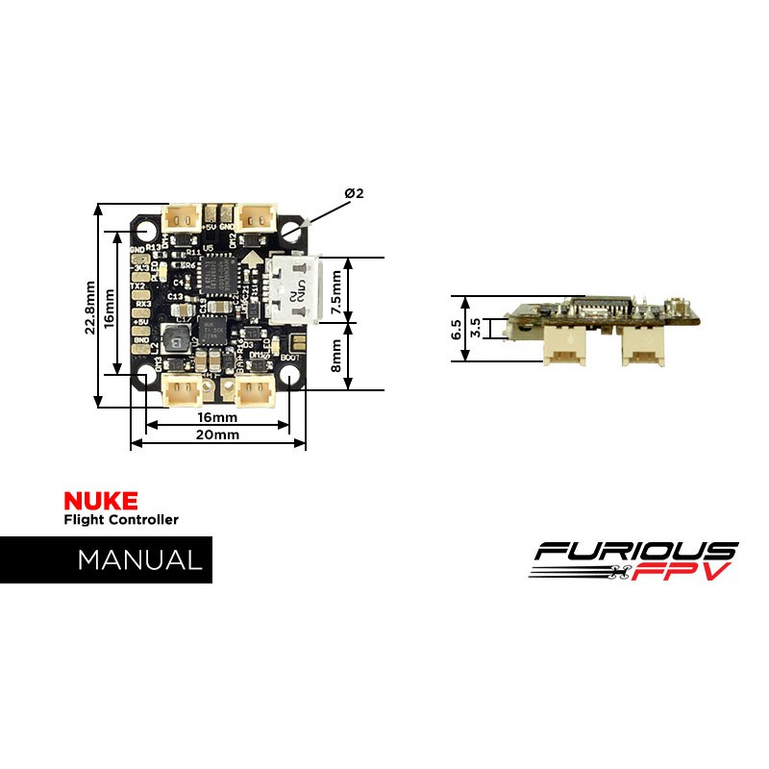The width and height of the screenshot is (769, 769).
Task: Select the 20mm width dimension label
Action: tap(216, 434)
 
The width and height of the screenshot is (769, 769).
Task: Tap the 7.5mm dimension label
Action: tap(336, 287)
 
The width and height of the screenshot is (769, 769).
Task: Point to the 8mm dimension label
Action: tap(336, 355)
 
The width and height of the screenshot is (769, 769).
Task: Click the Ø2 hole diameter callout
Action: tap(354, 193)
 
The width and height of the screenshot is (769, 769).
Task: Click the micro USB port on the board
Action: tap(292, 287)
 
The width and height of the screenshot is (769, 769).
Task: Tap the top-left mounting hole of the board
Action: tap(146, 232)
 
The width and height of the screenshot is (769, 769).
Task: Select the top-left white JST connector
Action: tap(183, 217)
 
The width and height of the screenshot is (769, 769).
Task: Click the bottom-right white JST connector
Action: tap(255, 390)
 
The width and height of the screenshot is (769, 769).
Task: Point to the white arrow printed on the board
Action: tap(253, 259)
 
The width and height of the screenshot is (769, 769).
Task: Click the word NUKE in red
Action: tap(100, 500)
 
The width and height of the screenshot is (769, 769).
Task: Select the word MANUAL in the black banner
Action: tap(140, 559)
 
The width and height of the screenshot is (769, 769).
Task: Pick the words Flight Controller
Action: tap(120, 520)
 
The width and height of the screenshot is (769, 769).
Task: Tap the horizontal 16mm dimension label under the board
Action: tap(216, 418)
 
